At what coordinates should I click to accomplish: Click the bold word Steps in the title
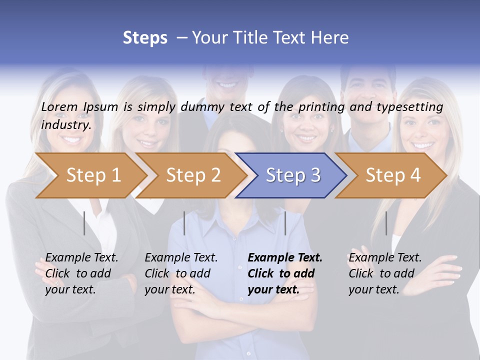(x=145, y=38)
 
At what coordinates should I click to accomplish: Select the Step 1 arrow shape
(x=90, y=175)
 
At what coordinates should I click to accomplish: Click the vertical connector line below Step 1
(x=84, y=223)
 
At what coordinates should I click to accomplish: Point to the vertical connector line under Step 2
(x=184, y=223)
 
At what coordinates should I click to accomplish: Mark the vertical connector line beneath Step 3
(x=285, y=223)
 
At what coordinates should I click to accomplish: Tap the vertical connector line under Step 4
(x=386, y=223)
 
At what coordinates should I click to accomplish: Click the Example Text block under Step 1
(x=81, y=273)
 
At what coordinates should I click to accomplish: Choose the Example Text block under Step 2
(x=181, y=273)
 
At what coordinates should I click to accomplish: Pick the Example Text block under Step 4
(x=385, y=273)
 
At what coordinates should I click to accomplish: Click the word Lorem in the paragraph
(x=59, y=107)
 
